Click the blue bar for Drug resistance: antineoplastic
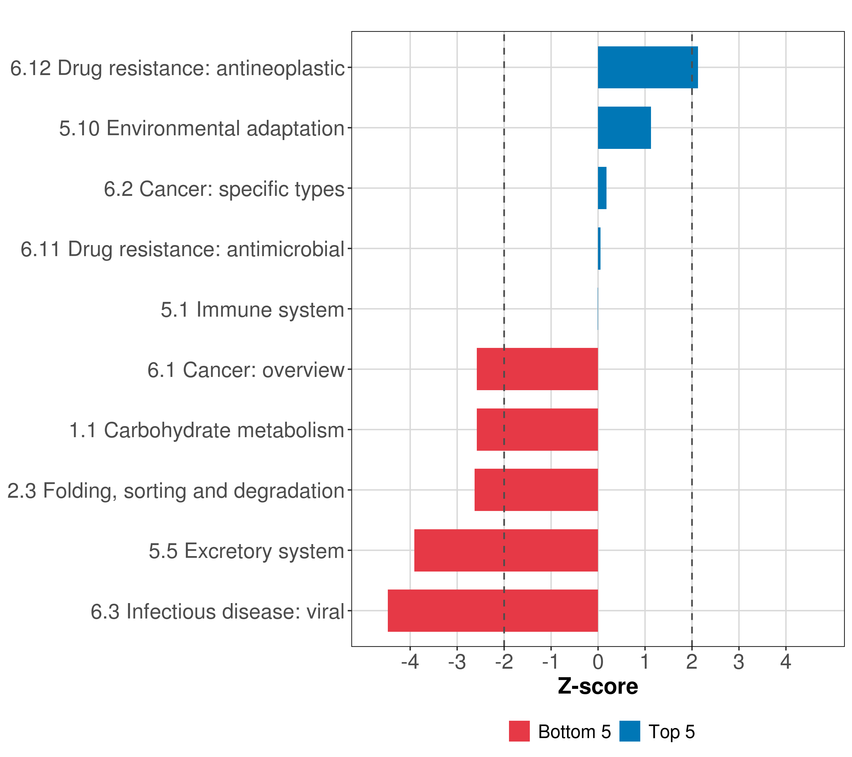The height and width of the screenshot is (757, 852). point(647,67)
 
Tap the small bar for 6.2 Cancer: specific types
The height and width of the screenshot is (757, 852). point(602,188)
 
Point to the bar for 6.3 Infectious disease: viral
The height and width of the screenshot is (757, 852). point(492,611)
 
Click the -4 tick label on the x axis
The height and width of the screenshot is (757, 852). point(410,662)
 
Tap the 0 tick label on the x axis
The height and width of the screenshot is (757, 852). point(598,662)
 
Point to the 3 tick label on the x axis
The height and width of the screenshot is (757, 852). point(739,662)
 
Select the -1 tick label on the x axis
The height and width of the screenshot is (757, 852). point(551,662)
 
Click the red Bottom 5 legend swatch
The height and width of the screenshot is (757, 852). point(519,731)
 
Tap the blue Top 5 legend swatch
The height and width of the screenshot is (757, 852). point(630,731)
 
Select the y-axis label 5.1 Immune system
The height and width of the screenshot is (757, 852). point(252,309)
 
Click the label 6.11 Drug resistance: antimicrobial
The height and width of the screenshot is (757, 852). point(182,249)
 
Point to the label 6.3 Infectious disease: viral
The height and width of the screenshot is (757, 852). point(217,612)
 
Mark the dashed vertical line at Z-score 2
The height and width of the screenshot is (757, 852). point(692,292)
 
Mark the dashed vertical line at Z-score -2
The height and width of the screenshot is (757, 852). point(504,292)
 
